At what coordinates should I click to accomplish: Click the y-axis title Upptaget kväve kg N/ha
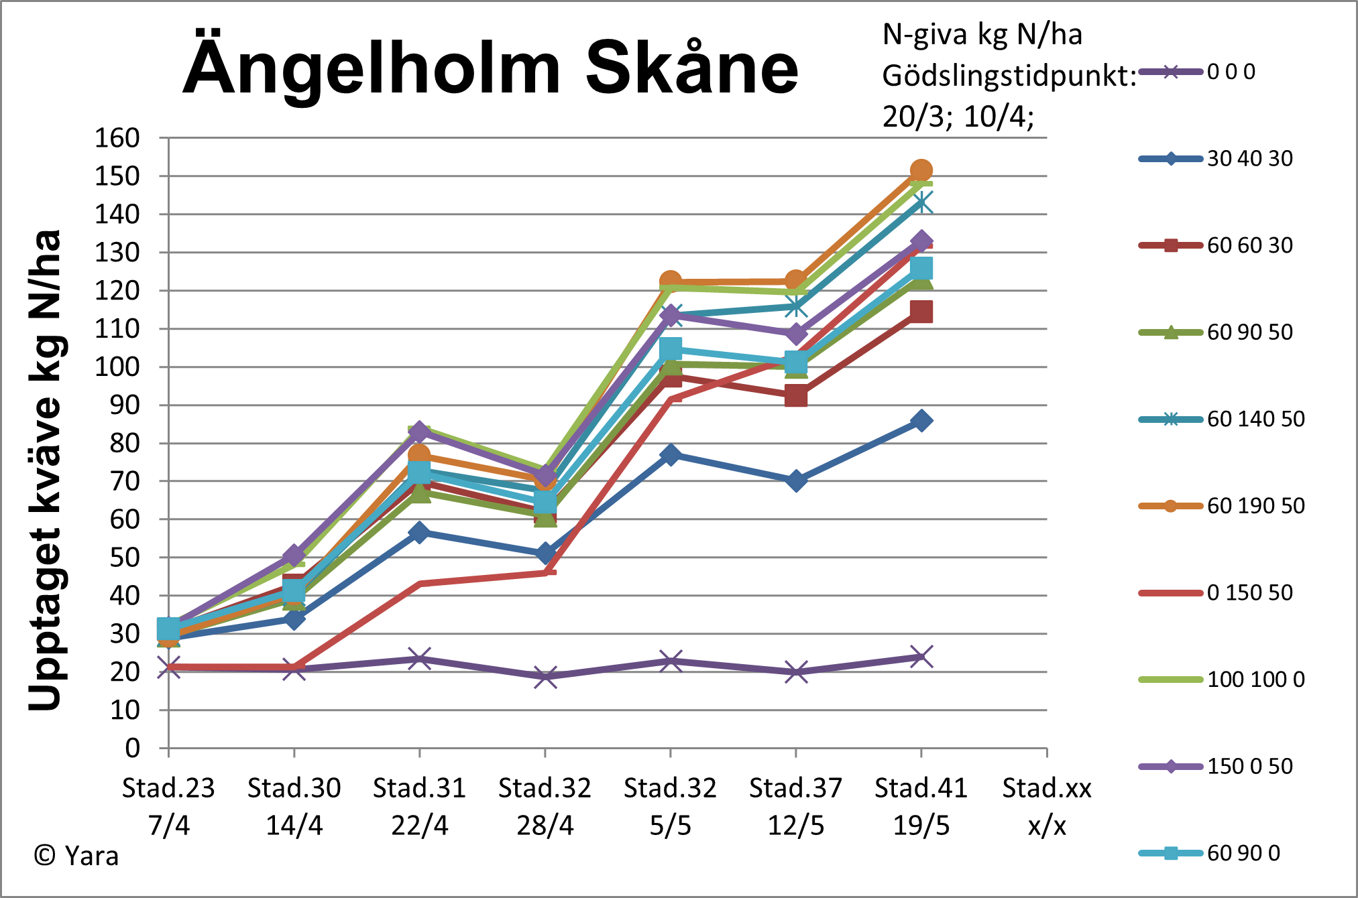pos(46,469)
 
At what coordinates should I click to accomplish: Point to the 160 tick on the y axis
pos(117,138)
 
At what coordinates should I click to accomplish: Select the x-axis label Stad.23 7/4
pos(168,806)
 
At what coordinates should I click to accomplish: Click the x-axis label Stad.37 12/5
pos(795,806)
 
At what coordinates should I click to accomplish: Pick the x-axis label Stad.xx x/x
pos(1046,806)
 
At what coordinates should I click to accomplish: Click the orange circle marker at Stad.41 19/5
pos(921,170)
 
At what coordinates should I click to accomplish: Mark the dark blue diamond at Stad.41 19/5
pos(921,421)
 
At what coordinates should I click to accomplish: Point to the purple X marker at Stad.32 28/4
pos(545,676)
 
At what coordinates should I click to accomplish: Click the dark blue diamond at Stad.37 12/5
pos(795,480)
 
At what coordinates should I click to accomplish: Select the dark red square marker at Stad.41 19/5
pos(921,312)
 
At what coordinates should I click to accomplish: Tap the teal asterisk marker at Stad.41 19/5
pos(921,202)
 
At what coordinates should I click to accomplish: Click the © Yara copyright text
pos(76,856)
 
